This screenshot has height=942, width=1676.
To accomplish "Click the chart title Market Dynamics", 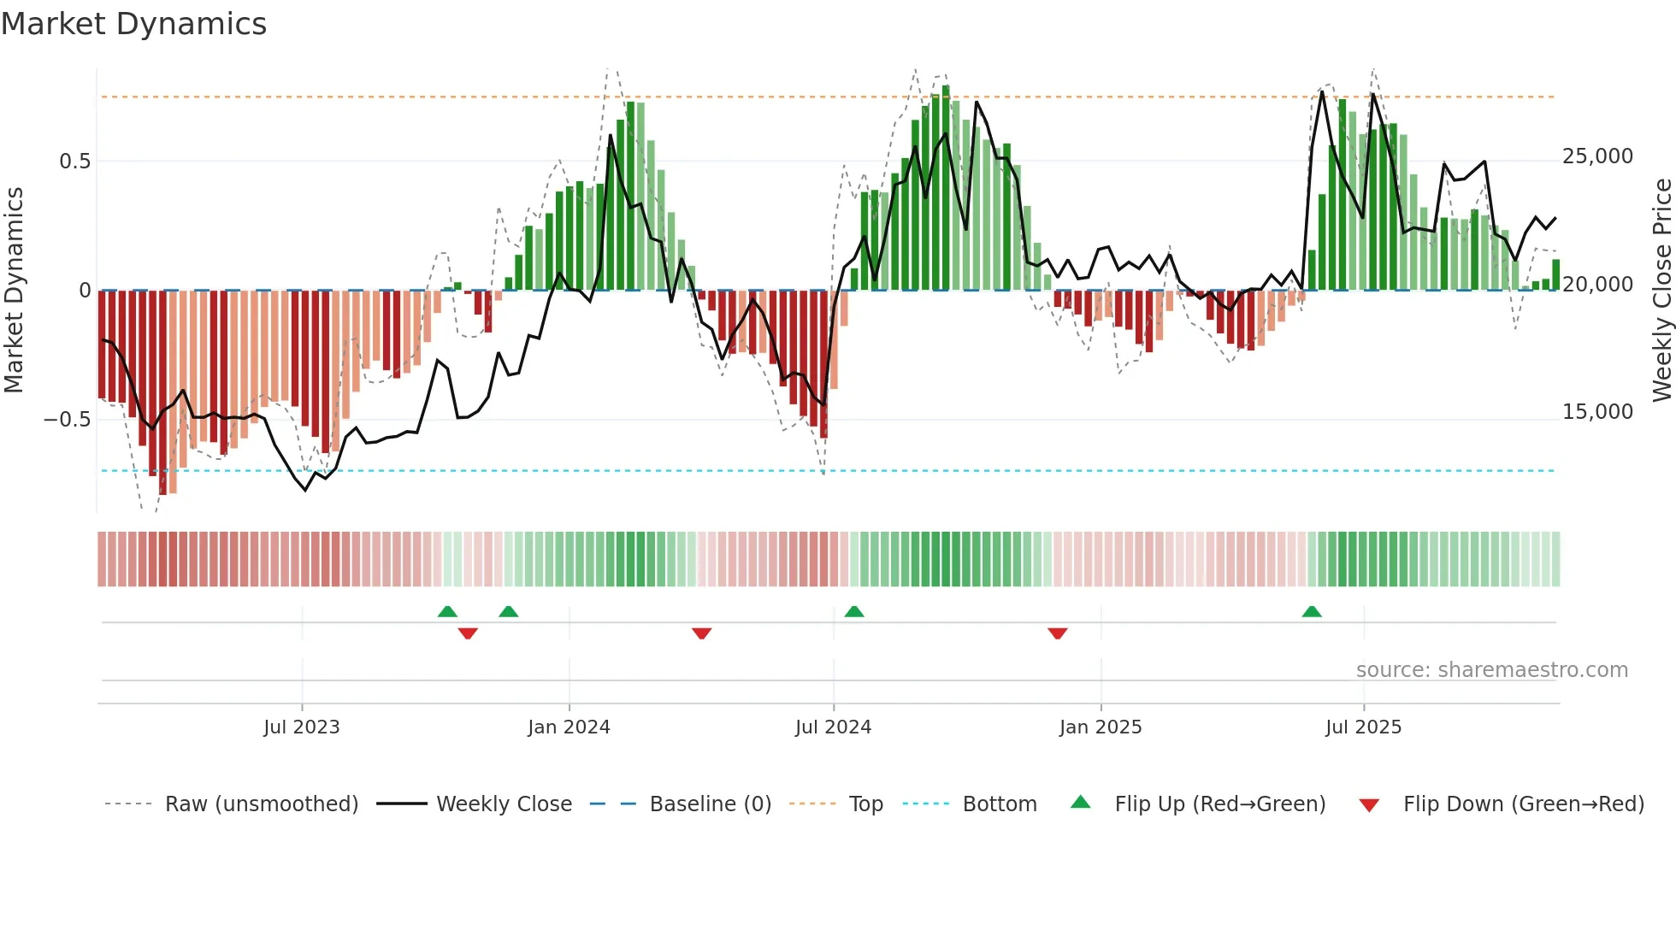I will (x=134, y=24).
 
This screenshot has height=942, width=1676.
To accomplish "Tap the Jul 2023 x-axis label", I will (x=301, y=727).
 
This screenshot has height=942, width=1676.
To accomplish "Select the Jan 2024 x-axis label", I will (x=569, y=727).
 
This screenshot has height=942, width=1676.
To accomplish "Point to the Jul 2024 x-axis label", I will (x=833, y=727).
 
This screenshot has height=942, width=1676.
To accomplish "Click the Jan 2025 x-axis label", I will (x=1101, y=727).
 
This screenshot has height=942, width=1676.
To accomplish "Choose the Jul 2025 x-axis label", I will (x=1363, y=727).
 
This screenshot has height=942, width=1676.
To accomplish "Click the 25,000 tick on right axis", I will (x=1596, y=156).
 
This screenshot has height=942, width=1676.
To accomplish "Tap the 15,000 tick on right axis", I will (x=1596, y=412).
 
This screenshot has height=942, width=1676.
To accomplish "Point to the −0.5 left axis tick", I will (x=67, y=420).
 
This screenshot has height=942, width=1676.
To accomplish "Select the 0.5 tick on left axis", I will (x=74, y=162).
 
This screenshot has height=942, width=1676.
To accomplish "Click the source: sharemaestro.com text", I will (x=1491, y=670).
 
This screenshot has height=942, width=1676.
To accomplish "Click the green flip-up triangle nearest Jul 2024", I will (x=853, y=611).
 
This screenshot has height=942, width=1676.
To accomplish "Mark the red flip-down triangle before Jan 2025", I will (x=1057, y=633).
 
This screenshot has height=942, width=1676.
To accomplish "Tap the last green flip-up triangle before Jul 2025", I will (x=1311, y=611).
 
